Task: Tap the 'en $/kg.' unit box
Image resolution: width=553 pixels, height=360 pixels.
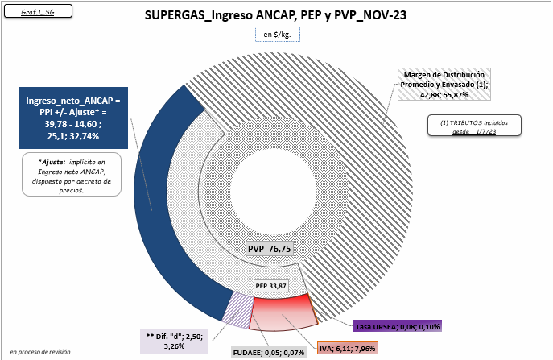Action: pyautogui.click(x=278, y=35)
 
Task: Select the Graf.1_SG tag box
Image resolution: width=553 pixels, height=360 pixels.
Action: pyautogui.click(x=38, y=11)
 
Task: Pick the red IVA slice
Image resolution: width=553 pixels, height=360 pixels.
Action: pyautogui.click(x=283, y=313)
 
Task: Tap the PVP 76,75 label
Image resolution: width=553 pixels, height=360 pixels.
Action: pyautogui.click(x=270, y=249)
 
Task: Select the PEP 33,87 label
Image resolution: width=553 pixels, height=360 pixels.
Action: pyautogui.click(x=270, y=286)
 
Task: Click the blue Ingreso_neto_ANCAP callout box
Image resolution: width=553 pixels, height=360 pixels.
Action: pyautogui.click(x=73, y=118)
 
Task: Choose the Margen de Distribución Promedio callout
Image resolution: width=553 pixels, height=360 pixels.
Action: pyautogui.click(x=444, y=85)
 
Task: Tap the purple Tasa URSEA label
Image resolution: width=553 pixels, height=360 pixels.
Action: pyautogui.click(x=398, y=326)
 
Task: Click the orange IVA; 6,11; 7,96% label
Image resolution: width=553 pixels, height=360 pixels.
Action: pyautogui.click(x=348, y=349)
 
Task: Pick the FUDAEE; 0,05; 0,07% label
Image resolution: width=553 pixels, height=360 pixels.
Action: pyautogui.click(x=268, y=352)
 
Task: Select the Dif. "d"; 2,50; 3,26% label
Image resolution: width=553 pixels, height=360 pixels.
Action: pyautogui.click(x=174, y=341)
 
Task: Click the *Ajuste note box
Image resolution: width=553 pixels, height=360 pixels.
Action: pyautogui.click(x=72, y=174)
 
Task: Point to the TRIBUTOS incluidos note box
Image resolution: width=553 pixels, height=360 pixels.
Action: pyautogui.click(x=474, y=126)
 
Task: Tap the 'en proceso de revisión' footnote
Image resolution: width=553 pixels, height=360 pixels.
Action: pyautogui.click(x=40, y=352)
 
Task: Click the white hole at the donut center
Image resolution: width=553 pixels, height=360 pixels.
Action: pyautogui.click(x=273, y=186)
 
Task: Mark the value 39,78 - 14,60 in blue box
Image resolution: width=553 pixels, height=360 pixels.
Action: pyautogui.click(x=73, y=124)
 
